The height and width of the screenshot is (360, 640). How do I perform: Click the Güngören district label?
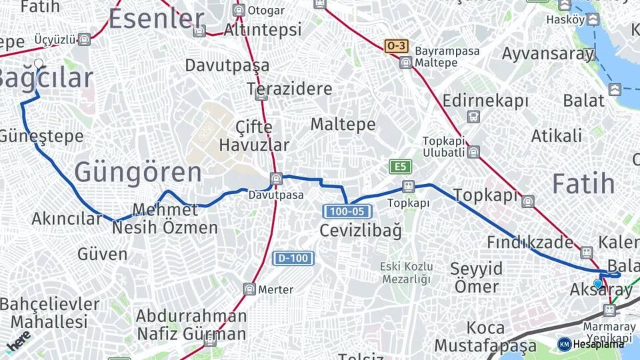[137, 172]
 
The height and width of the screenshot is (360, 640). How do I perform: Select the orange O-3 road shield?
[396, 46]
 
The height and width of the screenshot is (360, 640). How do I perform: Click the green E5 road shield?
[401, 166]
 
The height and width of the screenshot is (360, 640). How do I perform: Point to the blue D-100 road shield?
[293, 257]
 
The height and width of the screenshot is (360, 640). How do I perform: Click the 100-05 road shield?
[347, 211]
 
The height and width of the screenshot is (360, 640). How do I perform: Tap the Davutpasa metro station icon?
[276, 179]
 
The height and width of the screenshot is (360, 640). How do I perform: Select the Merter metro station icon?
[249, 289]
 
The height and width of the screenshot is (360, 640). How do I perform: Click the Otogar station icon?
[239, 10]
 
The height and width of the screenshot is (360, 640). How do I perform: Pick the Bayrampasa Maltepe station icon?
[405, 63]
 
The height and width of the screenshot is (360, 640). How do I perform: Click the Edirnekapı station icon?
[473, 117]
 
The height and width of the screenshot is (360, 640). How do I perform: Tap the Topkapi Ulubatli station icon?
[473, 152]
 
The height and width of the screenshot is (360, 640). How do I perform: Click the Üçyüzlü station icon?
[84, 39]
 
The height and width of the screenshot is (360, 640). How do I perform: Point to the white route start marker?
[39, 64]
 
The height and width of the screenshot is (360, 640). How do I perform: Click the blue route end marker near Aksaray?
[597, 283]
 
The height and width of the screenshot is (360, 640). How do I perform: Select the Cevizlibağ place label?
[361, 231]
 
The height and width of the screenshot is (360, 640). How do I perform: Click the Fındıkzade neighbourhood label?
[529, 242]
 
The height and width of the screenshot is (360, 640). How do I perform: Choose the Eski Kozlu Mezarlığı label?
[406, 273]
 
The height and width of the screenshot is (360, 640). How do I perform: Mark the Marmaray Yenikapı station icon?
[609, 310]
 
